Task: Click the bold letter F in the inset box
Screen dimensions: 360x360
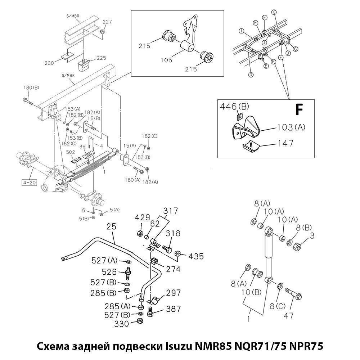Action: [298, 109]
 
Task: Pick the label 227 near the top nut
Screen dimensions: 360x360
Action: [107, 22]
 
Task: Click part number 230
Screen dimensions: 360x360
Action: [49, 63]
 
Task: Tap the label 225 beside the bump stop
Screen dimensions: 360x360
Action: [102, 58]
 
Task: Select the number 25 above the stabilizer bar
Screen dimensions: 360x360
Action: [112, 227]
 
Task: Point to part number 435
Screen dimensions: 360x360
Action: [196, 256]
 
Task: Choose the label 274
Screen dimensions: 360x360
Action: [173, 269]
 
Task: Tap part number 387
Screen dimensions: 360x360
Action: [173, 309]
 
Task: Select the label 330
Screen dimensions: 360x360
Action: [122, 324]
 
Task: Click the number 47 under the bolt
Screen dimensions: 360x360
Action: [289, 316]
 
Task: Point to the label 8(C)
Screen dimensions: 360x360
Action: [278, 306]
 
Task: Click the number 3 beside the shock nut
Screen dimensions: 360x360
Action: [312, 236]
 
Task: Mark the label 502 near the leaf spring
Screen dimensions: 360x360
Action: [71, 153]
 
